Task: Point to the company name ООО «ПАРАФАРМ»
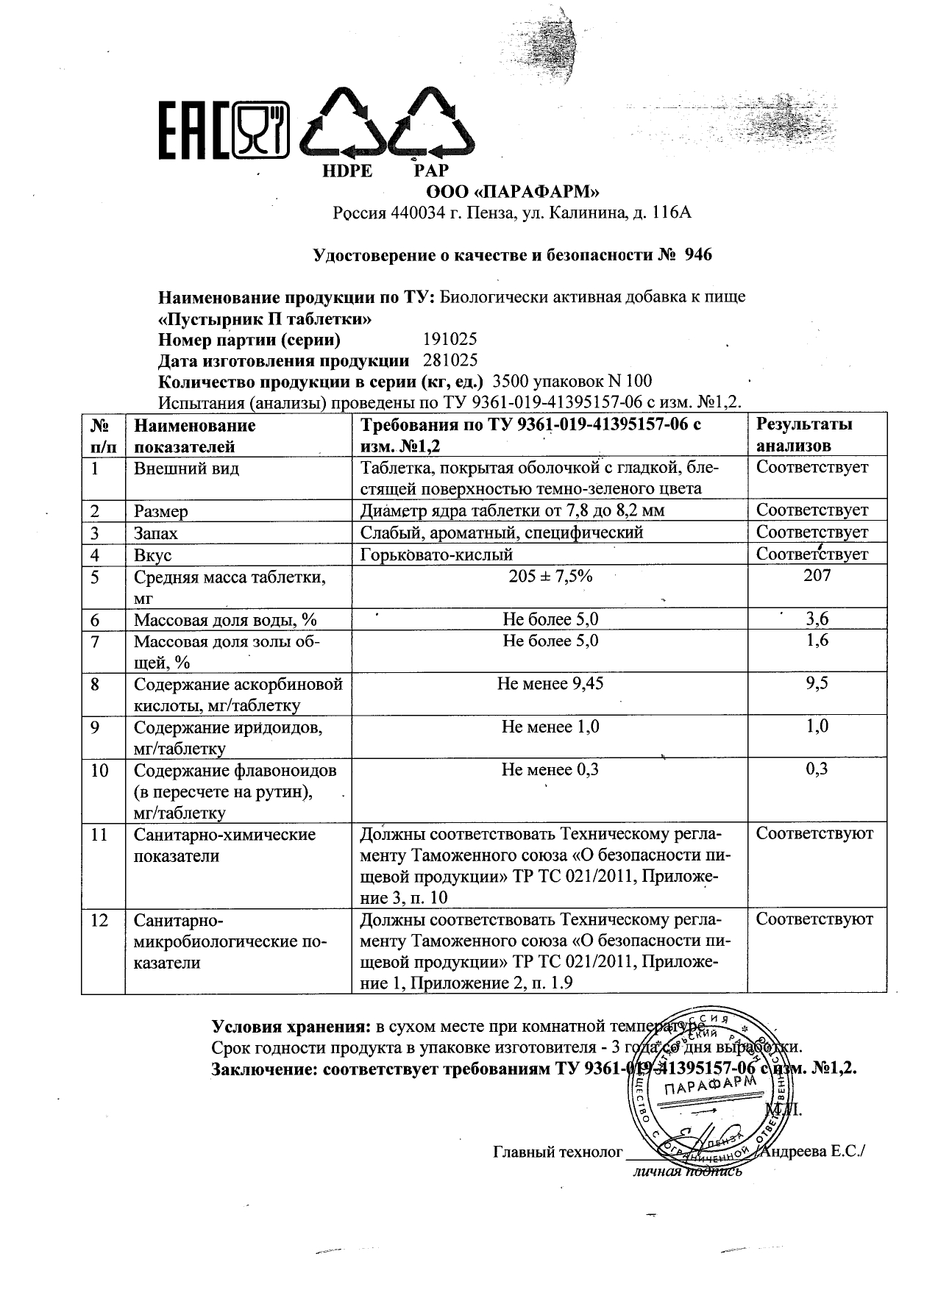tap(513, 193)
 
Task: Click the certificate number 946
tap(698, 255)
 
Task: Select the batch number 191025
tap(450, 339)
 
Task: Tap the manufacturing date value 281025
tap(450, 360)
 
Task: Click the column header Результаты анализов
tap(804, 435)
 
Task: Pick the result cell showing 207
tap(817, 576)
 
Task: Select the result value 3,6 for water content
tap(817, 619)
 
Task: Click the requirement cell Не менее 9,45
tap(550, 684)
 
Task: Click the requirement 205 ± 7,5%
tap(550, 577)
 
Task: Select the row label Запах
tap(155, 532)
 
